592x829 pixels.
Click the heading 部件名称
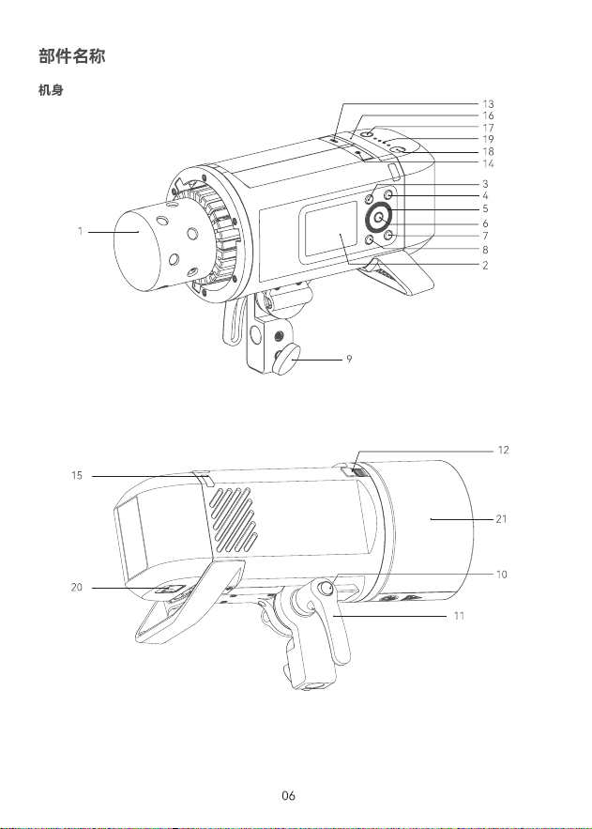[72, 56]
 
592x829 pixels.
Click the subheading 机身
[51, 90]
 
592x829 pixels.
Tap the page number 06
[288, 795]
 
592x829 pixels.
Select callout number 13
[488, 104]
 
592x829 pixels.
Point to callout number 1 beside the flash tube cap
[81, 231]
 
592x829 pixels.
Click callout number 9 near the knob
[349, 359]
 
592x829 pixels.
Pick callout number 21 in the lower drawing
[501, 519]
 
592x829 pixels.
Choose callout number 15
[77, 475]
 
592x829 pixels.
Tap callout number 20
[77, 587]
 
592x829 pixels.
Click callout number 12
[503, 450]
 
